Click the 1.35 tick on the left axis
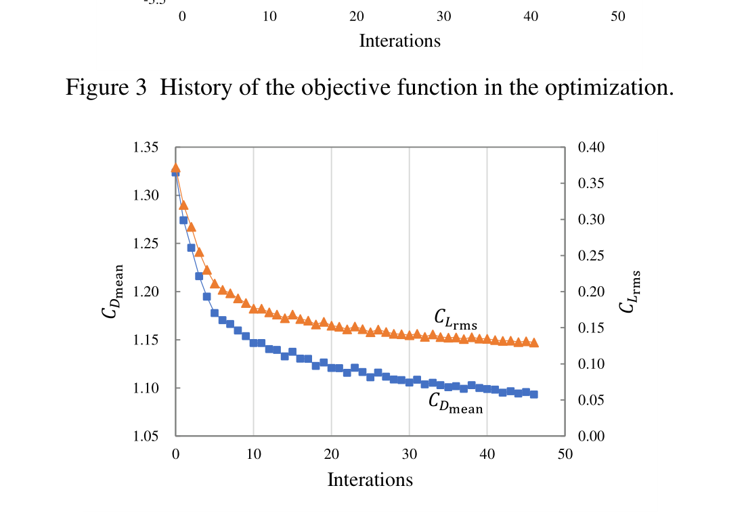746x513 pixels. (146, 148)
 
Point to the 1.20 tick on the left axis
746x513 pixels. (146, 292)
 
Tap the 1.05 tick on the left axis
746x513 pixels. (146, 437)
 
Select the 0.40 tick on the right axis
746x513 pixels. (590, 148)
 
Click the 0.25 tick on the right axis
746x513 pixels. (590, 256)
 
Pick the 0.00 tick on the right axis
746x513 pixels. (590, 437)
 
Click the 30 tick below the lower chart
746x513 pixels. (409, 454)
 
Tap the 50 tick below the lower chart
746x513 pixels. (565, 454)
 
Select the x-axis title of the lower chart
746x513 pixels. (370, 480)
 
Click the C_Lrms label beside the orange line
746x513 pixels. (456, 319)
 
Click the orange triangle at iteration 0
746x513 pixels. (176, 168)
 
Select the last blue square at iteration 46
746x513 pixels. (533, 394)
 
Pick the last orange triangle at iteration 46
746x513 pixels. (533, 342)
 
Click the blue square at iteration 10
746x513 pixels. (253, 343)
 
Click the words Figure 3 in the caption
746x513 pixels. (106, 88)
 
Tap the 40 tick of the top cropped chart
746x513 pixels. (531, 16)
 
